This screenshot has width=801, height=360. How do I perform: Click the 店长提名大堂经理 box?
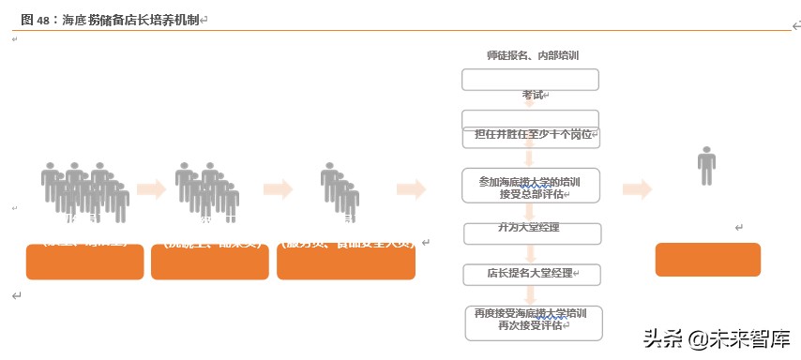(531, 275)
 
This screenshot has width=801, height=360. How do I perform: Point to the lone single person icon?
(706, 167)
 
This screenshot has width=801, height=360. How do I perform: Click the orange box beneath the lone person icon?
(708, 259)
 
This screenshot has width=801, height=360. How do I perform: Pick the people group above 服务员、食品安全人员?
(340, 190)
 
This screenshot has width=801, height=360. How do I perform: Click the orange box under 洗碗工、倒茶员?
(210, 262)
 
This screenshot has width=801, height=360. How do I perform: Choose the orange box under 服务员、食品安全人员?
(346, 262)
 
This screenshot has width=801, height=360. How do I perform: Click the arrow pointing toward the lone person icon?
(637, 189)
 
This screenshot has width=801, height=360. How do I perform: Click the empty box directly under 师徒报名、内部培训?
(530, 79)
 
